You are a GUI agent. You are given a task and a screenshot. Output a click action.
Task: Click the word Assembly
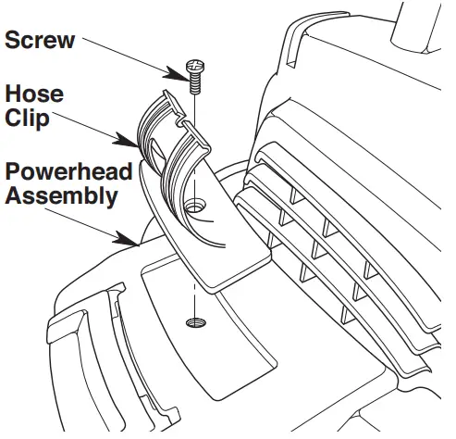tap(59, 195)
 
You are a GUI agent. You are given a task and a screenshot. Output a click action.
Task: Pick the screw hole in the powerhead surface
tap(195, 323)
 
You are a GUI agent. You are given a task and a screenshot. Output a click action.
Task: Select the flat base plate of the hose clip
tap(222, 250)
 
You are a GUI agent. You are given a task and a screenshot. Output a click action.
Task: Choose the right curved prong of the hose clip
tap(180, 167)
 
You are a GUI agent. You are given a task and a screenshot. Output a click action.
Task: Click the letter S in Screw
tap(13, 41)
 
